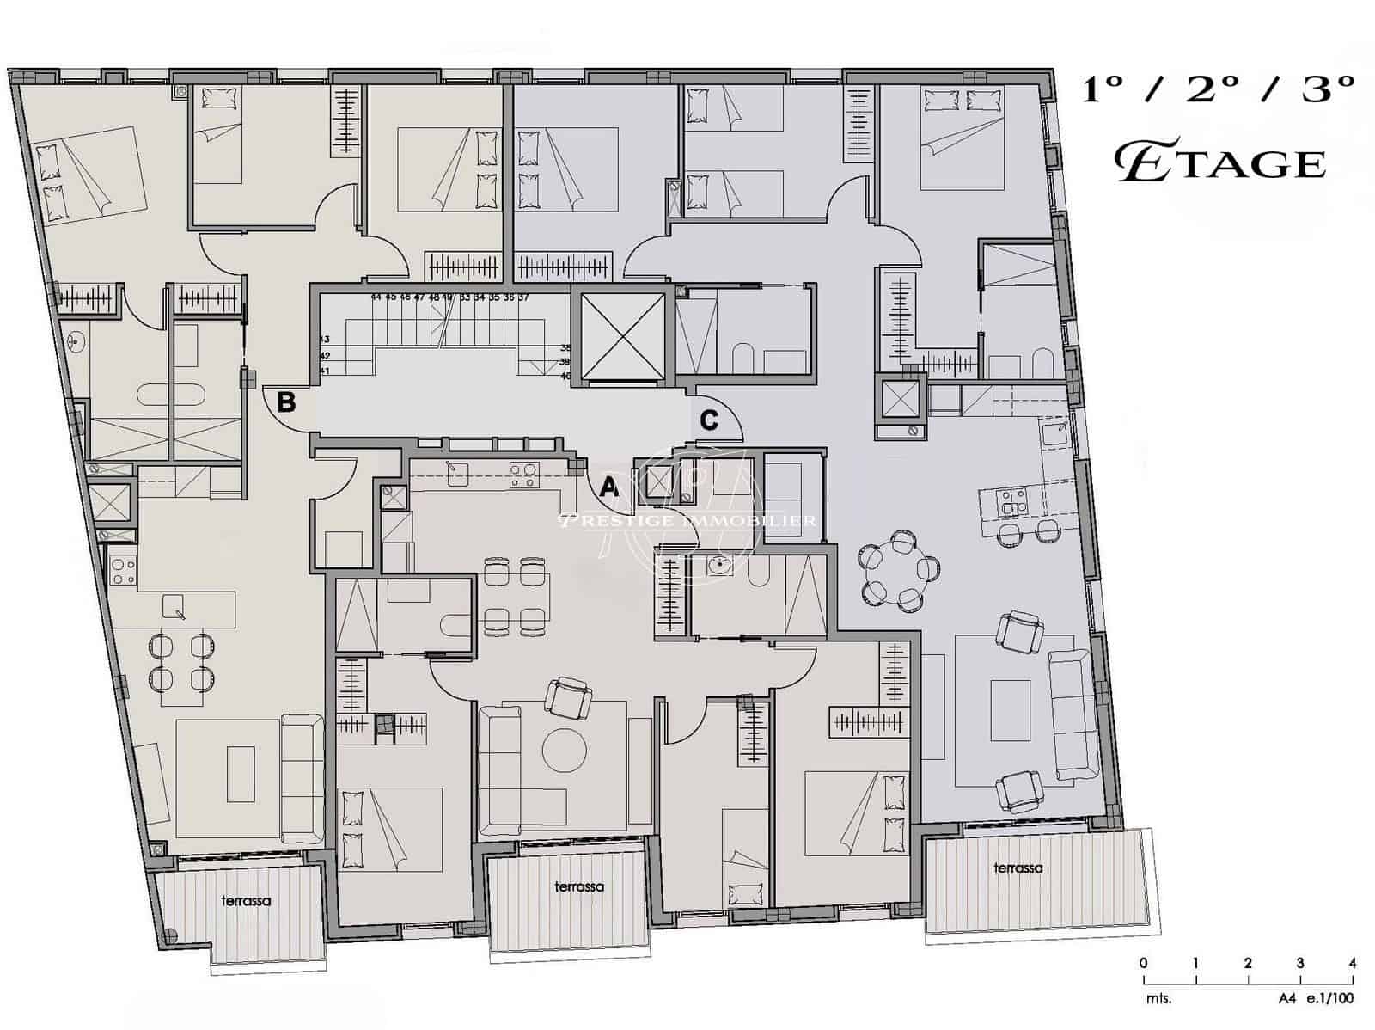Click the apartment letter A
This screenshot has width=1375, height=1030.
(x=609, y=487)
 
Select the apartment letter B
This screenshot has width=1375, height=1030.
(x=287, y=402)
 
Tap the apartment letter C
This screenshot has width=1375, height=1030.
(x=709, y=420)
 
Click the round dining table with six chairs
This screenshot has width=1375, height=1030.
(x=901, y=569)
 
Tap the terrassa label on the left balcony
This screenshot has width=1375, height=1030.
(x=246, y=901)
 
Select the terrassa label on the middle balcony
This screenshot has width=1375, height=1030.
(x=578, y=886)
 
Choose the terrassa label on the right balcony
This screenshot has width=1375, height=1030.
(x=1017, y=868)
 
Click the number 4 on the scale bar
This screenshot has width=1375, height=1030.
(x=1353, y=963)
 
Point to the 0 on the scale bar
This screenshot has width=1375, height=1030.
(x=1143, y=963)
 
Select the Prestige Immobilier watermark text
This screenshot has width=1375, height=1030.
(x=687, y=520)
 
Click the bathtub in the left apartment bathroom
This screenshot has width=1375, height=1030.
(x=170, y=395)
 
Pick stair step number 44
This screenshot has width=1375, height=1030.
(x=376, y=297)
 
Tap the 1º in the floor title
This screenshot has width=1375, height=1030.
(x=1103, y=89)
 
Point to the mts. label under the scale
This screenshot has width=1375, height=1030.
(x=1158, y=999)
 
